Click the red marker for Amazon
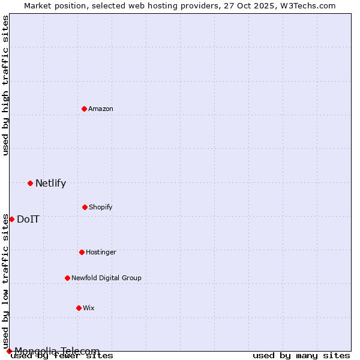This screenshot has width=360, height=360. click(x=85, y=109)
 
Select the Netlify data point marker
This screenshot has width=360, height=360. click(x=30, y=183)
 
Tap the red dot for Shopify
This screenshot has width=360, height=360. click(x=85, y=207)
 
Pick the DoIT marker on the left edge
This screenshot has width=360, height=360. click(x=11, y=219)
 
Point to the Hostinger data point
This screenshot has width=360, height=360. click(x=82, y=252)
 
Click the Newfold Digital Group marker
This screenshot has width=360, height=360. click(x=67, y=278)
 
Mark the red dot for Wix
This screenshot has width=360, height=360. click(x=79, y=308)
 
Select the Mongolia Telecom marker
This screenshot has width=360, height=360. click(x=9, y=351)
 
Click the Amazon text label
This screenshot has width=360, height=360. click(x=101, y=109)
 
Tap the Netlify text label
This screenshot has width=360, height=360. click(x=50, y=184)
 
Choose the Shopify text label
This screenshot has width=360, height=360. click(x=101, y=207)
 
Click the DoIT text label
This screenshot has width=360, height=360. click(x=28, y=219)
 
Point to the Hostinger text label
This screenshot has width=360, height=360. click(x=101, y=252)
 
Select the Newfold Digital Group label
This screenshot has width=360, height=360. click(x=106, y=278)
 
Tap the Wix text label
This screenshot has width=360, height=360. click(x=89, y=308)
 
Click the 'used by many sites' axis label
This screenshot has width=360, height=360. click(x=301, y=355)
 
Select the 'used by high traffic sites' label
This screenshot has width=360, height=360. click(x=5, y=85)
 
